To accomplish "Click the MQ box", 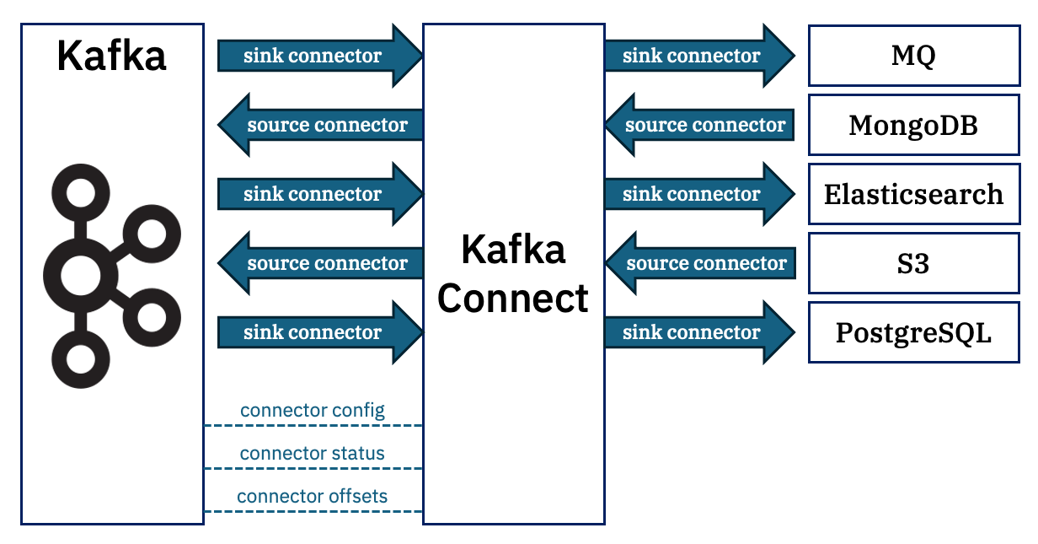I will tap(913, 56).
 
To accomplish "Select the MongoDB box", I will tap(913, 125).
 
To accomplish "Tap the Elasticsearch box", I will tap(913, 194).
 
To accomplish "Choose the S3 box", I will tap(913, 263).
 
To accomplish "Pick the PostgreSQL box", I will tap(913, 332).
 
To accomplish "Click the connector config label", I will tap(313, 411).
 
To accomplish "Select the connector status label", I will tap(313, 454).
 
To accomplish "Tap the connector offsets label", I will tap(313, 496).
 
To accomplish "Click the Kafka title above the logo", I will tap(111, 56).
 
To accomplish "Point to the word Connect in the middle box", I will tap(513, 298).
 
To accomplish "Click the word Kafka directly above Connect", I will tap(513, 250).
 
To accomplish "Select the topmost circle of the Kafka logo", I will tap(80, 193).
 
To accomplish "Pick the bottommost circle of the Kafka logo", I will tap(80, 358).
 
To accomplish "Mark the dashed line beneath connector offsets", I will tap(313, 511).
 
